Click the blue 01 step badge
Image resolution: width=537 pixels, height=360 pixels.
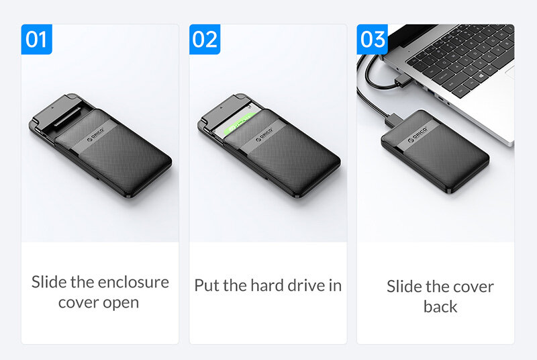(37, 39)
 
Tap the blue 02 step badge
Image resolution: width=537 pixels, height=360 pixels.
(205, 39)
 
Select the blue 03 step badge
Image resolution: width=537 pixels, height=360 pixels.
(373, 39)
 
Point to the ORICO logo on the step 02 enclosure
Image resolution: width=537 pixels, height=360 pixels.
(264, 135)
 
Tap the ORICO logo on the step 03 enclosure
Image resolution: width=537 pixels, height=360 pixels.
(418, 135)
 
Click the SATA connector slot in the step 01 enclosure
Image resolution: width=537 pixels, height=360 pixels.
(68, 117)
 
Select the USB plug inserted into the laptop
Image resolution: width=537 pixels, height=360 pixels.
(401, 81)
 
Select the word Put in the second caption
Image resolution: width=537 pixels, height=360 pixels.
(207, 285)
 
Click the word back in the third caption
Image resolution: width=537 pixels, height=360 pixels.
(440, 306)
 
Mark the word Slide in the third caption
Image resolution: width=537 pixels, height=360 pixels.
(402, 286)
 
